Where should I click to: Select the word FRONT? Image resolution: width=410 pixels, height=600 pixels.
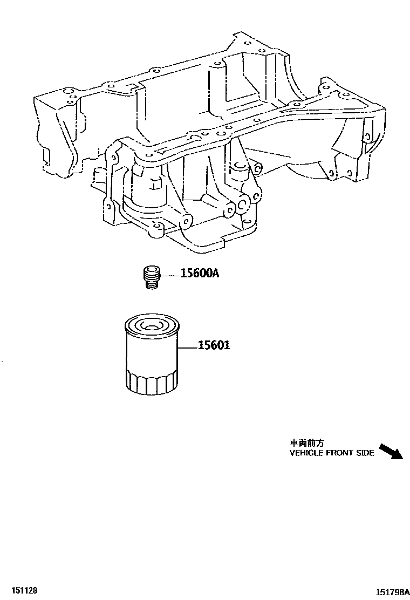tap(340, 453)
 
